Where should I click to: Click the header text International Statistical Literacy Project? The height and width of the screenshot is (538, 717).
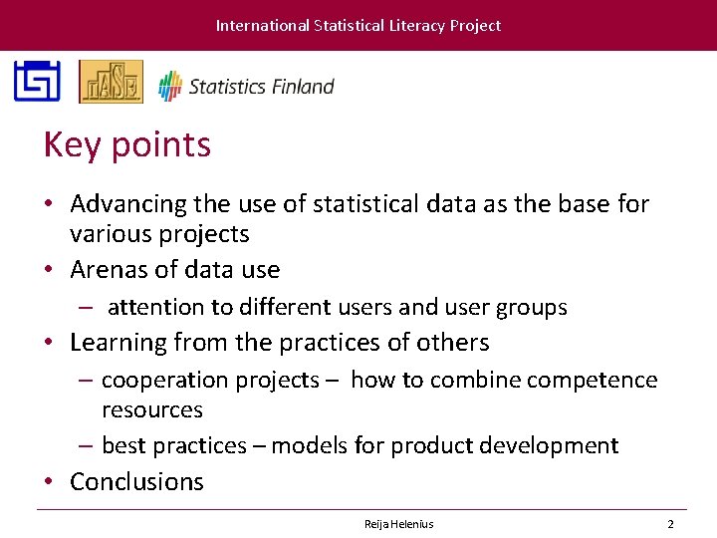[x=358, y=26]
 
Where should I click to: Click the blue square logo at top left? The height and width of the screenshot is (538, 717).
[x=37, y=82]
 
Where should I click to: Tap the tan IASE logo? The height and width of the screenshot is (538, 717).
[x=111, y=82]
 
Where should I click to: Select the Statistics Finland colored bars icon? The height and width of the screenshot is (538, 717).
[x=170, y=86]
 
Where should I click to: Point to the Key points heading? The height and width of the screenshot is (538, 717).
[x=127, y=145]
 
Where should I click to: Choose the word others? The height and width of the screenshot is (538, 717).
[x=453, y=343]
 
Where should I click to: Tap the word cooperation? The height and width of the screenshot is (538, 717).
[x=160, y=381]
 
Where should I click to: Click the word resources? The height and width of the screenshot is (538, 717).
[x=151, y=410]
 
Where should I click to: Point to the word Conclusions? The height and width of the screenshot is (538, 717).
[x=136, y=482]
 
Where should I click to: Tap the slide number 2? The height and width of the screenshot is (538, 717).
[x=670, y=524]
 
